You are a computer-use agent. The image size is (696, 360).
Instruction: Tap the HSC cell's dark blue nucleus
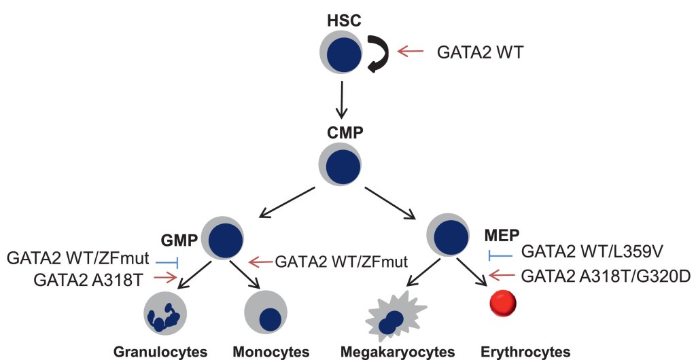343,55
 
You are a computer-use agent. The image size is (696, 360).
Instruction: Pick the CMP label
341,131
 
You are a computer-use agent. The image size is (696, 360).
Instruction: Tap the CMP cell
341,164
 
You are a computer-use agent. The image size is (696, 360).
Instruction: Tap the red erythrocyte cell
504,304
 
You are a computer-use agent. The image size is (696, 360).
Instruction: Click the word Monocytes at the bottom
271,352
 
